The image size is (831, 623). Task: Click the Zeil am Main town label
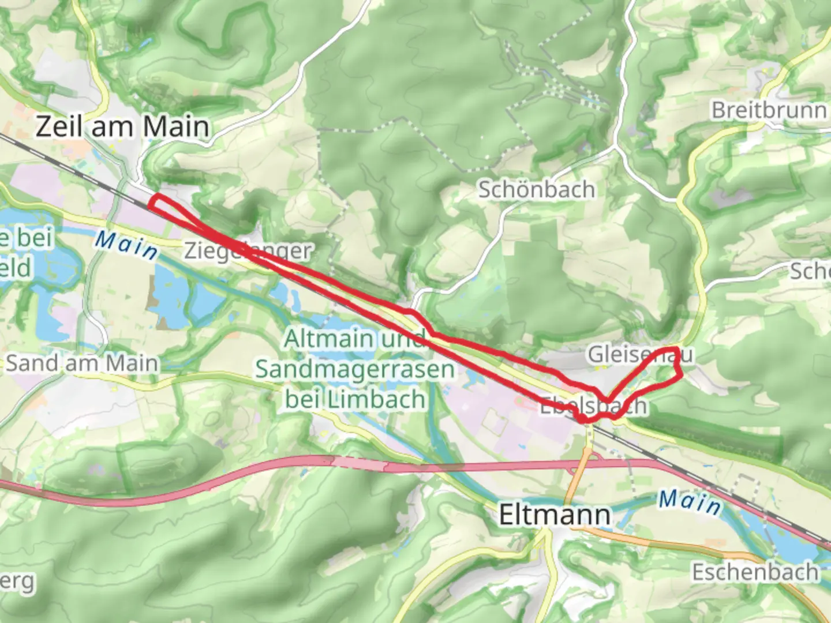(x=122, y=126)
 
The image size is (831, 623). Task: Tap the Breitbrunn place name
(x=768, y=110)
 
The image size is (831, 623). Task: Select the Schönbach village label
(x=536, y=189)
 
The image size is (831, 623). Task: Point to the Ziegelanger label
(x=248, y=251)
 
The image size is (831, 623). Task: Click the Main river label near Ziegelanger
(x=126, y=245)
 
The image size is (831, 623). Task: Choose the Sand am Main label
(x=81, y=363)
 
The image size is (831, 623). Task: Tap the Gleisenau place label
(x=639, y=354)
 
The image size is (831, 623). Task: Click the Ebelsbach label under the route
(x=593, y=406)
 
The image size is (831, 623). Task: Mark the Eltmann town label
(x=554, y=515)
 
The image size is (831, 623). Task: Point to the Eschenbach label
(x=755, y=572)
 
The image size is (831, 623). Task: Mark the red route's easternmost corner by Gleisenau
(x=681, y=374)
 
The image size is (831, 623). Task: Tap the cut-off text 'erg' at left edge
(x=17, y=581)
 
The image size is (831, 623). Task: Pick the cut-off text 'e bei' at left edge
(x=26, y=238)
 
